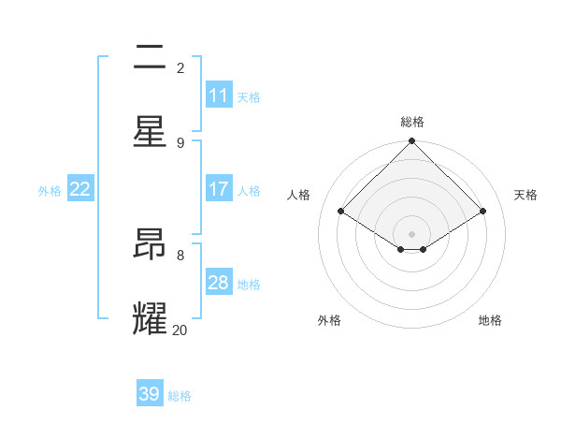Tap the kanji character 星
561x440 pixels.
pos(151,131)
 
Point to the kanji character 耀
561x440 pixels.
pos(151,318)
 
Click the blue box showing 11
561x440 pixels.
pos(219,95)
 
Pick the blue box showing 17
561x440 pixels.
pos(219,189)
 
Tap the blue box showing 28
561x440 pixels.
pos(219,283)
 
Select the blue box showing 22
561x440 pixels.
pos(80,189)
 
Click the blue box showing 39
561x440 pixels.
pos(150,394)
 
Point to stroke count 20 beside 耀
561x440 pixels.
pos(180,330)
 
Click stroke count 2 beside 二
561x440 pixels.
pos(180,67)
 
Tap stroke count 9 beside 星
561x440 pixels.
pos(180,142)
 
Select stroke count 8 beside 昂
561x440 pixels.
pos(180,255)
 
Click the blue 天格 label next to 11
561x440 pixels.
pos(249,96)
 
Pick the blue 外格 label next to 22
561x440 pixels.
pos(50,190)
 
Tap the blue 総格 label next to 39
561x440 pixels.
pos(180,395)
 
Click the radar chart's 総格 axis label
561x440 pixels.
pos(412,122)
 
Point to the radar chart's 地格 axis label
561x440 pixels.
pos(490,320)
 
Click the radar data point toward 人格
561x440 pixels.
pos(341,212)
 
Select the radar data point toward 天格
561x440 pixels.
pos(483,212)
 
